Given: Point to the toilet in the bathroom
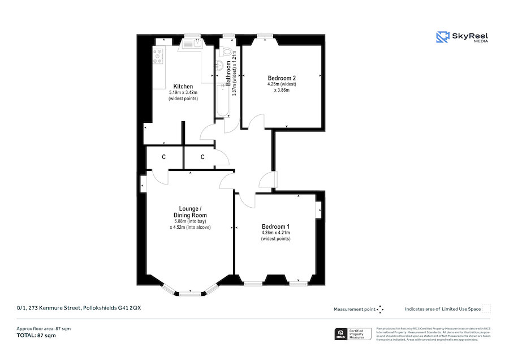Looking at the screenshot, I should [x=228, y=53].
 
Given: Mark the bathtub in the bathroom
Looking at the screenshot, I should [x=221, y=102].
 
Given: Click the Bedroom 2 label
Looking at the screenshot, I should [x=282, y=78].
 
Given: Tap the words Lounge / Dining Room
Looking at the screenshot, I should [x=189, y=212].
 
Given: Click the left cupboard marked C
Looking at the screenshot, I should [x=163, y=157].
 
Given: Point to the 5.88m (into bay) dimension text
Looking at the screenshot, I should [x=190, y=221].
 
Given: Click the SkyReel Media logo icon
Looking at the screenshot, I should [x=442, y=37].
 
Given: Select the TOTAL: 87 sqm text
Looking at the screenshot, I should [x=36, y=336].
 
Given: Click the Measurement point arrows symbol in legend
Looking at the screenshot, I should [x=380, y=309].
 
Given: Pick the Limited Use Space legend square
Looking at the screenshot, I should [x=486, y=308].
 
